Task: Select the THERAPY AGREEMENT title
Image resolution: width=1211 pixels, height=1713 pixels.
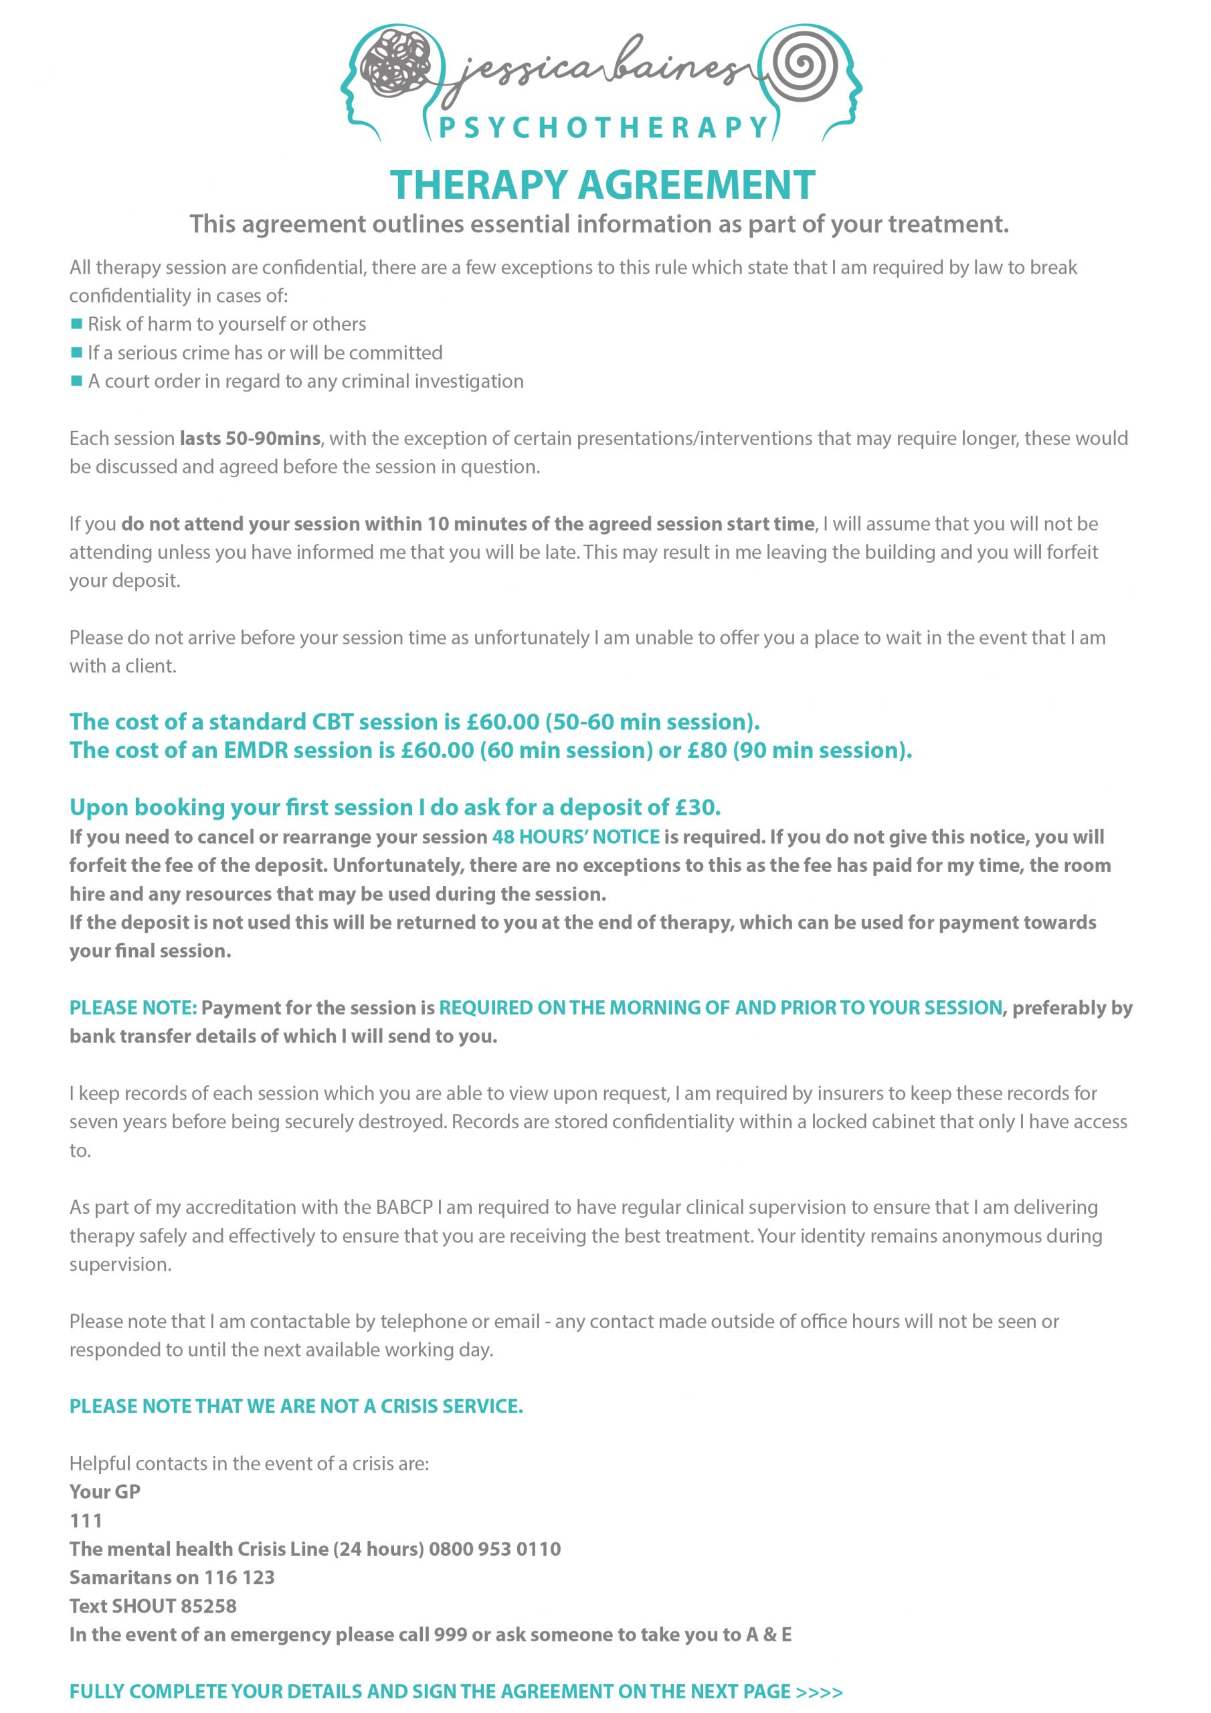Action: pos(603,185)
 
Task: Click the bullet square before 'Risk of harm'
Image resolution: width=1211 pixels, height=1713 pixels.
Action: pos(76,324)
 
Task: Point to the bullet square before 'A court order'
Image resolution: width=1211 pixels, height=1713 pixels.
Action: pos(76,381)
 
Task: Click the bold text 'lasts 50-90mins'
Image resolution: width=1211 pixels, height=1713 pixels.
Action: pos(250,438)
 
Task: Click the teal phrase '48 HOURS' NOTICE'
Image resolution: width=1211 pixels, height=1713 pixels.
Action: pos(576,836)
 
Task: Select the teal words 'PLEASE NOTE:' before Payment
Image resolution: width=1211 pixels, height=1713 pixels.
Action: pos(134,1008)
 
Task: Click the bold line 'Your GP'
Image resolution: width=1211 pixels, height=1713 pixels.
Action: pos(104,1492)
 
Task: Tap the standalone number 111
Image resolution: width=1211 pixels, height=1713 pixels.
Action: pos(86,1520)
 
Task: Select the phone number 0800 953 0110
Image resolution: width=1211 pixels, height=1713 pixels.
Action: pos(494,1549)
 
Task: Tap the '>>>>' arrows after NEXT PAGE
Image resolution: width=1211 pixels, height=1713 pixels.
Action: pos(820,1692)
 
